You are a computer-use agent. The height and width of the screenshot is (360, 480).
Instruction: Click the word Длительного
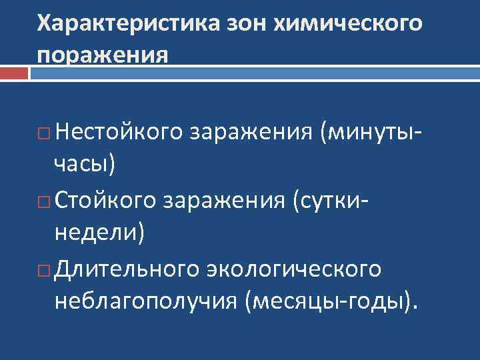coord(127,268)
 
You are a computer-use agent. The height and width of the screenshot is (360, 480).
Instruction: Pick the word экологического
coord(293,268)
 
